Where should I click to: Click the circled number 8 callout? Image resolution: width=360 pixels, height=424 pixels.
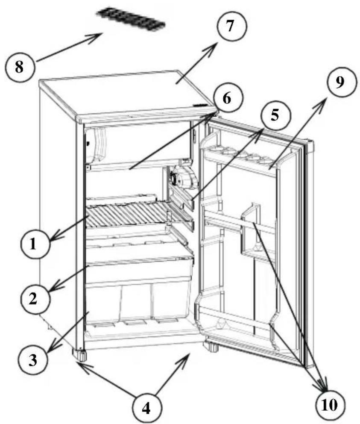pos(20,68)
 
